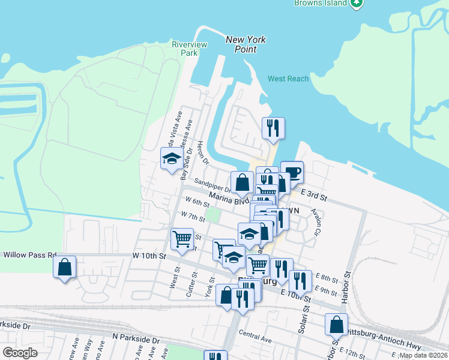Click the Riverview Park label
189,49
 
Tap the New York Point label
246,44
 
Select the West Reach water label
288,79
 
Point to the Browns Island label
321,3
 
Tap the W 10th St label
149,256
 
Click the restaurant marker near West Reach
273,127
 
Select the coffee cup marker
292,171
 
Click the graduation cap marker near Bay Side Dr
172,158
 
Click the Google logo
20,353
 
